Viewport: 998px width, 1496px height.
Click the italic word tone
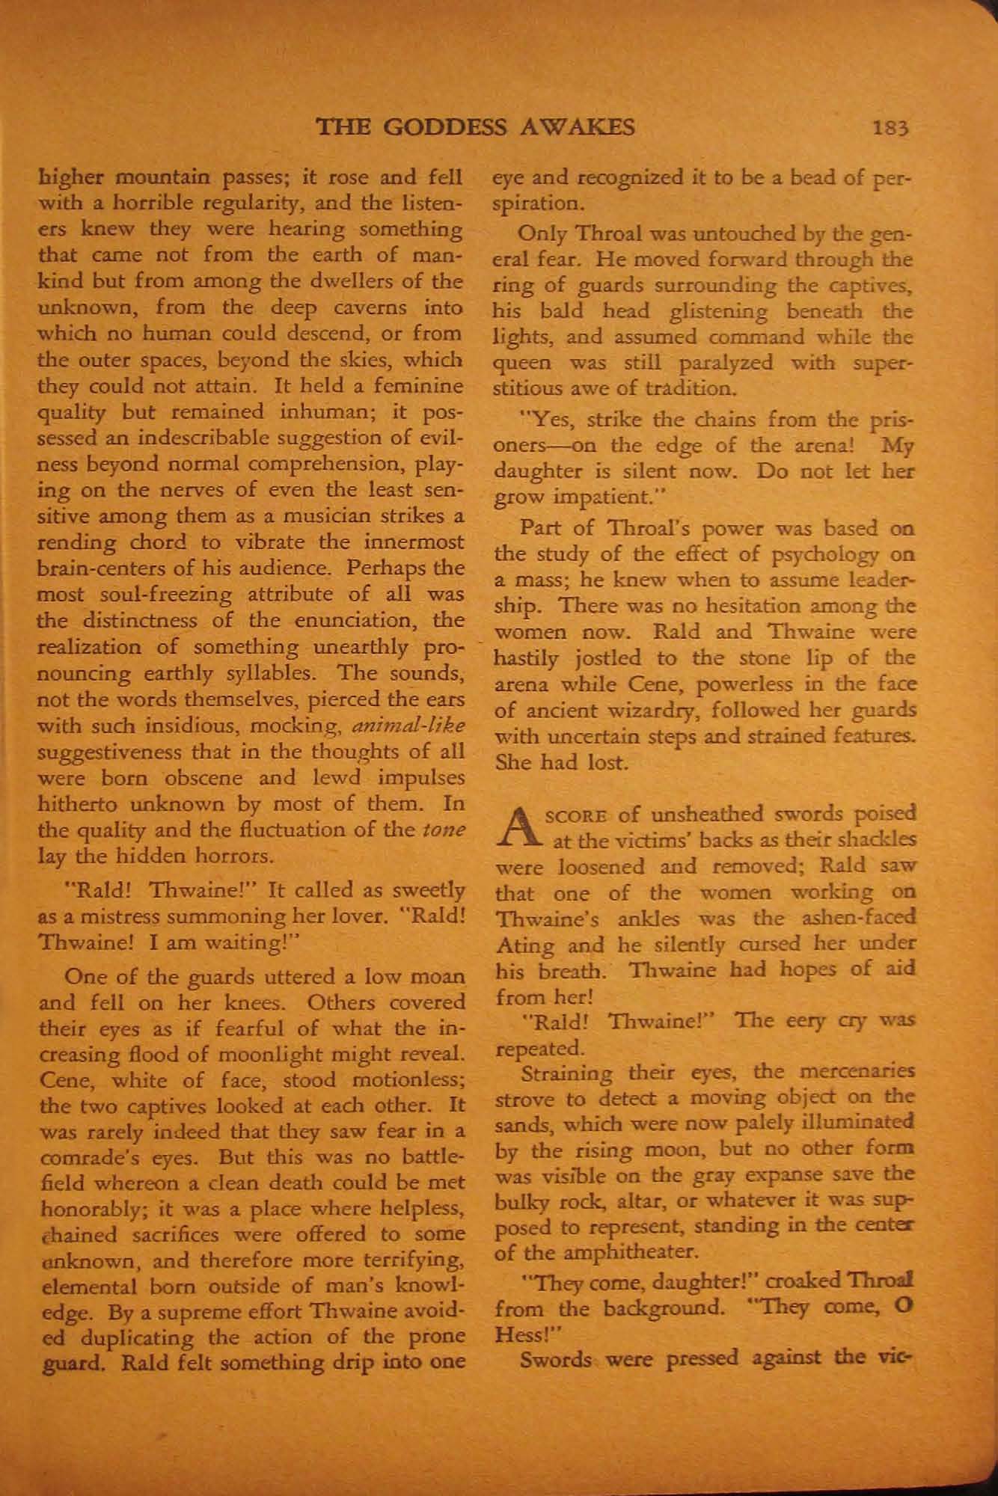pyautogui.click(x=447, y=829)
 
